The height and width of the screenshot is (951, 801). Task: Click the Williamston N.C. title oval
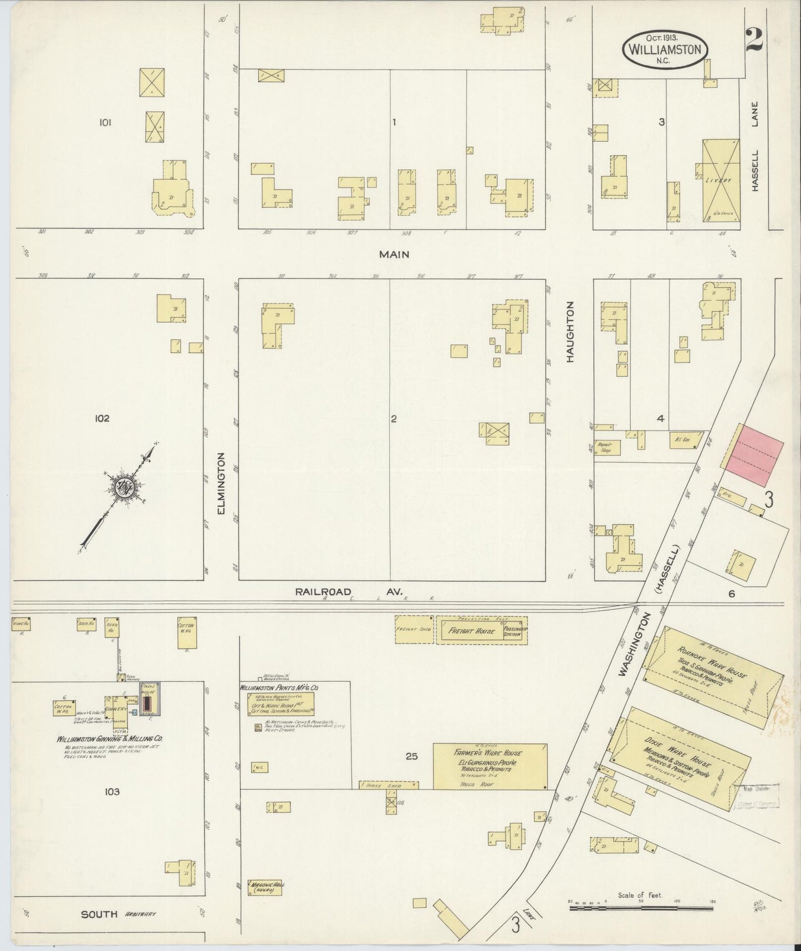665,49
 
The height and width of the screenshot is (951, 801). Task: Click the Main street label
394,254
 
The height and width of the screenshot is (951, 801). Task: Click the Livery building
720,180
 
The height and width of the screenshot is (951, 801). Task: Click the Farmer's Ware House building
489,766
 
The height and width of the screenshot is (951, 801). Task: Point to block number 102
102,418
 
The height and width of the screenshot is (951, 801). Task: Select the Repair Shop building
604,447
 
